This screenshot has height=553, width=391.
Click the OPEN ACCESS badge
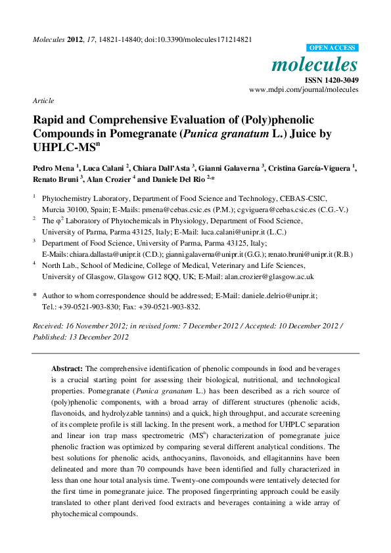coord(333,48)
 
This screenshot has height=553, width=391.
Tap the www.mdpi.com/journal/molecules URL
coord(304,89)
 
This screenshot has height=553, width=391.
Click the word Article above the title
coord(43,101)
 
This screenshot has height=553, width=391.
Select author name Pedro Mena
coord(53,168)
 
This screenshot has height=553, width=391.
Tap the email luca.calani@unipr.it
coord(247,231)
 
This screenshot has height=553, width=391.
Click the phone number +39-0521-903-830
coord(85,306)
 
